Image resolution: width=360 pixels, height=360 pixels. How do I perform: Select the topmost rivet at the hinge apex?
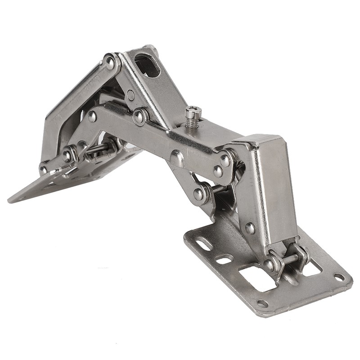click(110, 62)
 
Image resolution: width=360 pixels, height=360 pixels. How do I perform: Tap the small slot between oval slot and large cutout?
click(224, 260)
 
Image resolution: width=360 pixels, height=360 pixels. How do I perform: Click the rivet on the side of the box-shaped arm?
click(250, 228)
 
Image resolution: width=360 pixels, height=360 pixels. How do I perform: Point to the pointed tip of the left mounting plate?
click(11, 198)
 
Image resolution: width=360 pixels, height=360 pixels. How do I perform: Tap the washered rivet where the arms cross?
click(140, 117)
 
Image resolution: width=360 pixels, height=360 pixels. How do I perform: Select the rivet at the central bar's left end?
click(92, 117)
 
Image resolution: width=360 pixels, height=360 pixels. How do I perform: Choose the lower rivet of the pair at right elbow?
click(218, 171)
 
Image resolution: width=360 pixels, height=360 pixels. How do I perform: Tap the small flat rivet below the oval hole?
click(130, 95)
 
